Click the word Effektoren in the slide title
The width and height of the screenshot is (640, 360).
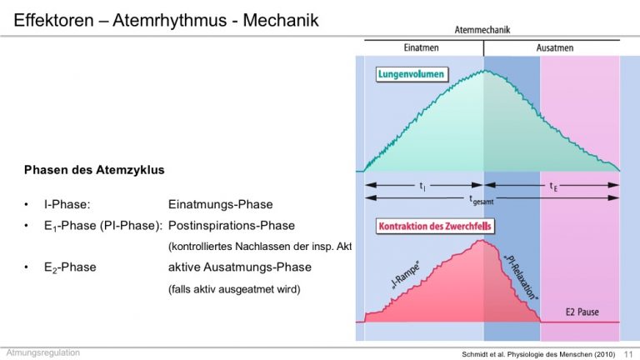pyautogui.click(x=54, y=20)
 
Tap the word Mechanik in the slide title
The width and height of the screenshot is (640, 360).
pyautogui.click(x=280, y=20)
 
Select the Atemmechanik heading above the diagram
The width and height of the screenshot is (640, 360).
pyautogui.click(x=482, y=30)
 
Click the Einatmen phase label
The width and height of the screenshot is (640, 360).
pyautogui.click(x=421, y=47)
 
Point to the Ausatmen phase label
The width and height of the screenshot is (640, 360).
pyautogui.click(x=555, y=47)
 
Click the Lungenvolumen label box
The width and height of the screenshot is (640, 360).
pyautogui.click(x=411, y=74)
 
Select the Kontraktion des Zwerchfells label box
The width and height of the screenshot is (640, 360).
pyautogui.click(x=435, y=226)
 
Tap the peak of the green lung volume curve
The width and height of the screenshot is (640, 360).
pyautogui.click(x=484, y=71)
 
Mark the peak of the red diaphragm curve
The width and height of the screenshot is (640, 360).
pyautogui.click(x=482, y=241)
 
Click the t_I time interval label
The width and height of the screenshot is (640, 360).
pyautogui.click(x=422, y=186)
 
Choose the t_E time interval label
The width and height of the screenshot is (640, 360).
pyautogui.click(x=553, y=187)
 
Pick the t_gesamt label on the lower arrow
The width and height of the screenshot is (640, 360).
pyautogui.click(x=481, y=200)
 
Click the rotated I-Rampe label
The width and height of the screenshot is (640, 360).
pyautogui.click(x=405, y=277)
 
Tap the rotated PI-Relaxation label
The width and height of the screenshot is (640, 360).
pyautogui.click(x=521, y=277)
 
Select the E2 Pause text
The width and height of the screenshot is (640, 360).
pyautogui.click(x=582, y=312)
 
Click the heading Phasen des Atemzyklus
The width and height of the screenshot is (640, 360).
pyautogui.click(x=94, y=170)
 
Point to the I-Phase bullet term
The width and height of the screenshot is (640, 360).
pyautogui.click(x=67, y=204)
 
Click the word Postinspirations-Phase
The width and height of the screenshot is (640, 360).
pyautogui.click(x=232, y=226)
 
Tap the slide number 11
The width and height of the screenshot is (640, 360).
pyautogui.click(x=628, y=354)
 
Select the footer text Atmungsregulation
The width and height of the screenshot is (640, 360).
pyautogui.click(x=42, y=352)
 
